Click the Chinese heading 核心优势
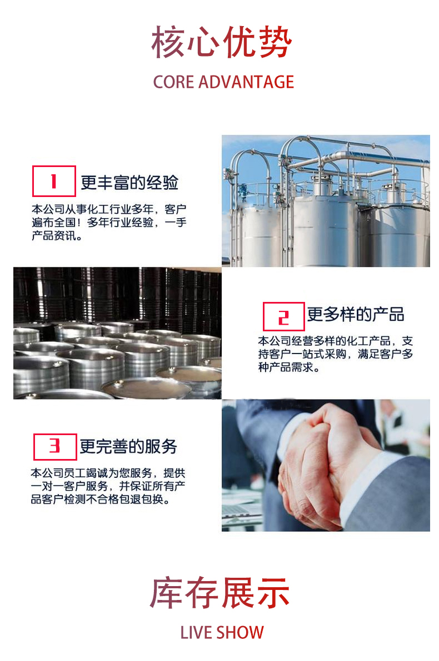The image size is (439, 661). coord(222,42)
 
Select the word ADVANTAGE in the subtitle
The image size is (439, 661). coord(246,82)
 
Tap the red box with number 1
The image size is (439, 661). coord(54,181)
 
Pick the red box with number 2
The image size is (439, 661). coord(283,316)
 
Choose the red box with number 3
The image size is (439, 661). coord(56,447)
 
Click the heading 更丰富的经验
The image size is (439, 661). coord(129,183)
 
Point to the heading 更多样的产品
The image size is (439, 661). coord(356,315)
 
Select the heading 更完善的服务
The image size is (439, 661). coord(128,446)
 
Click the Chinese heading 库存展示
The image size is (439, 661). coord(220,593)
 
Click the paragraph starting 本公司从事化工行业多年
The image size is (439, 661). coord(109,222)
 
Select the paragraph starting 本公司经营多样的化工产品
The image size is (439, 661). coord(336,354)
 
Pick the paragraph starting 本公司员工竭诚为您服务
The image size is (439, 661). coord(108,486)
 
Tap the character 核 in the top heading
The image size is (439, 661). coord(168,42)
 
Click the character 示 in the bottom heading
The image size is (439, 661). coord(273,593)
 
